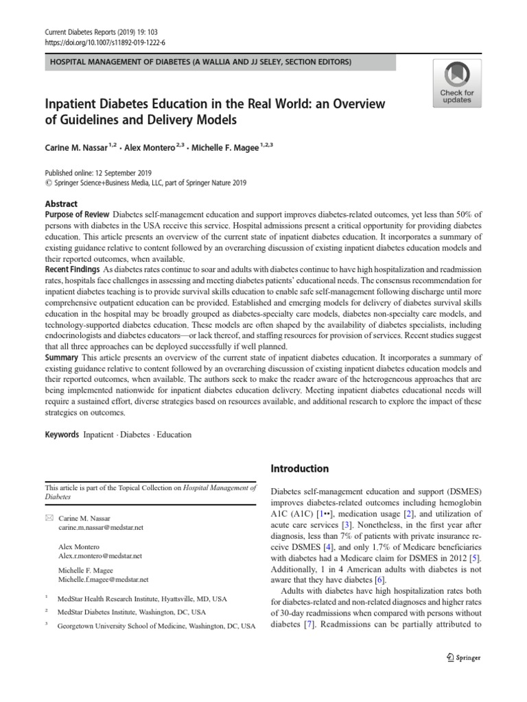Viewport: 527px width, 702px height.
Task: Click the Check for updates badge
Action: (456, 82)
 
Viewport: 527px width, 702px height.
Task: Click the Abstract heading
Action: (61, 204)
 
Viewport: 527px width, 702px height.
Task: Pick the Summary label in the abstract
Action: (61, 357)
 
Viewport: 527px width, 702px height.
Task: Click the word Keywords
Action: (62, 435)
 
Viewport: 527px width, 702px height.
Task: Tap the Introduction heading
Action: (300, 469)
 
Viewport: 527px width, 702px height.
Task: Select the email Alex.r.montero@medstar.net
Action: (100, 556)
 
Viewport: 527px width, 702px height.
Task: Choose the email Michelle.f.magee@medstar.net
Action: (103, 580)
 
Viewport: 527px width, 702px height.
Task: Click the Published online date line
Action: (98, 173)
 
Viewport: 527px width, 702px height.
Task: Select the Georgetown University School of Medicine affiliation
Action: (156, 627)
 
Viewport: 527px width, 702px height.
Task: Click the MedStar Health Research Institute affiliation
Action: (141, 598)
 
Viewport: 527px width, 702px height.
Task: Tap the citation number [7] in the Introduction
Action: (309, 625)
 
